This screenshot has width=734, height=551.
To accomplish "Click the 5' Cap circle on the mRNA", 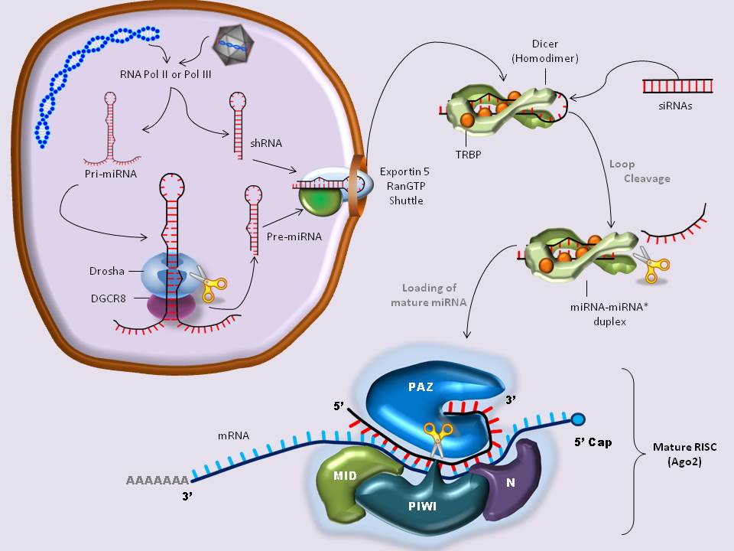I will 579,419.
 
